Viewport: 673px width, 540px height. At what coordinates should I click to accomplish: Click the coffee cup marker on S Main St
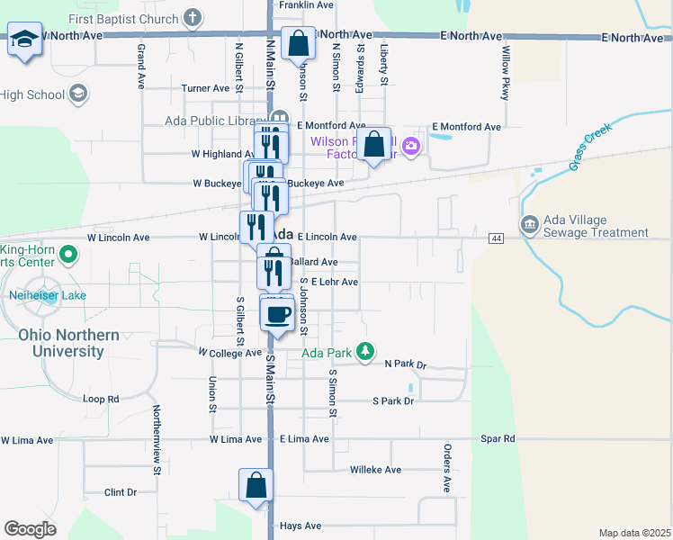(277, 315)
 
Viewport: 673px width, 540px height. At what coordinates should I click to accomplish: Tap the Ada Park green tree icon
(364, 351)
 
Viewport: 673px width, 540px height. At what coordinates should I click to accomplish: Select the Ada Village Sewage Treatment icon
(529, 222)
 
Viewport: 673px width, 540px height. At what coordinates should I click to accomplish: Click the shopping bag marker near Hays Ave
(256, 484)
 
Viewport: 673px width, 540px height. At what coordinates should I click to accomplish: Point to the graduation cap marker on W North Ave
(25, 40)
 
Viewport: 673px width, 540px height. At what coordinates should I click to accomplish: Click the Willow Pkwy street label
(506, 73)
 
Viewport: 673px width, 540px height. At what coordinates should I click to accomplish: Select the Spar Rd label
(497, 439)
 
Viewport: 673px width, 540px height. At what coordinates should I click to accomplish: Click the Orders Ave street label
(446, 467)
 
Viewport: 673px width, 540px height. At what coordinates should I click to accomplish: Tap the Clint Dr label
(120, 492)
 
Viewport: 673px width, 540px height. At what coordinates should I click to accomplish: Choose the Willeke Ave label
(375, 470)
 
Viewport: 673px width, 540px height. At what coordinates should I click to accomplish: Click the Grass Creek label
(590, 147)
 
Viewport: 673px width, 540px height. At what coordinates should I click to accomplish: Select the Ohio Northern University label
(68, 343)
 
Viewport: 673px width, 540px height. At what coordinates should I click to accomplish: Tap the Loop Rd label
(101, 399)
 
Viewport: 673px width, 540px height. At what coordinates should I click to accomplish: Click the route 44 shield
(496, 238)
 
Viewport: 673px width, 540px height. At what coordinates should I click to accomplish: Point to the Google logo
(30, 528)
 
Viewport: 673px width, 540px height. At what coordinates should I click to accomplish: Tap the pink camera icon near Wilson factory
(411, 145)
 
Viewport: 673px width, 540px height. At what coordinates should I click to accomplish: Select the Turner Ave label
(206, 88)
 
